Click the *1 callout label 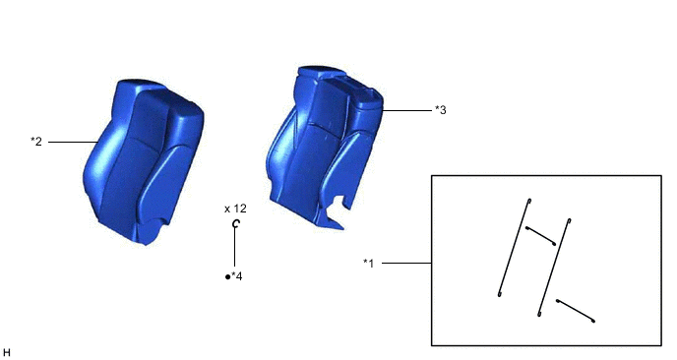369,263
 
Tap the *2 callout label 36,142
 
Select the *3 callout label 441,110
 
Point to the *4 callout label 236,276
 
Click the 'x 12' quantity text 235,209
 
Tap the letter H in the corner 6,353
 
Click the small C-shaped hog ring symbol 236,223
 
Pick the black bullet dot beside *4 227,276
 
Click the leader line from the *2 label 73,142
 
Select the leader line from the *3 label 406,110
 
